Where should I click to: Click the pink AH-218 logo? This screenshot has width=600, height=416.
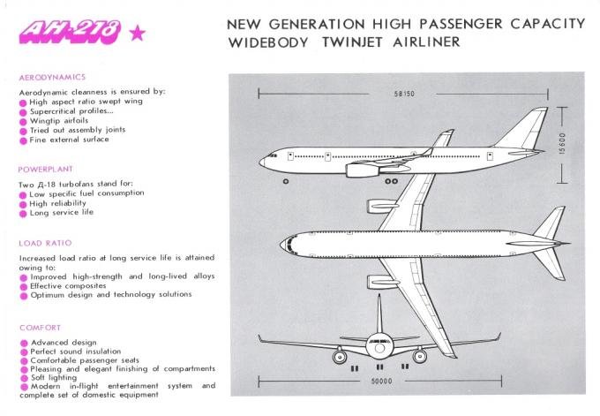click(x=70, y=32)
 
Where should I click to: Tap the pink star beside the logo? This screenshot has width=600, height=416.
click(x=138, y=33)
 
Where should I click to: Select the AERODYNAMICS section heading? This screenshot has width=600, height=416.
click(x=52, y=77)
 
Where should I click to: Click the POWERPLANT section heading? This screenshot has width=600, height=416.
click(x=46, y=170)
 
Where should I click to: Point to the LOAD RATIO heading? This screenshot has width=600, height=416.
click(x=45, y=243)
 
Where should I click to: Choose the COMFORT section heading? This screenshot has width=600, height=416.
click(x=41, y=328)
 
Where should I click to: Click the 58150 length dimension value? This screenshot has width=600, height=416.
click(x=404, y=94)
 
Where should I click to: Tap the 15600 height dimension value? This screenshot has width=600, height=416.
click(x=562, y=143)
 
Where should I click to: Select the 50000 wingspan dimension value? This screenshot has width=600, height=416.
click(x=381, y=382)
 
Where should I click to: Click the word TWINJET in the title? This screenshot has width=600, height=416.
click(x=352, y=42)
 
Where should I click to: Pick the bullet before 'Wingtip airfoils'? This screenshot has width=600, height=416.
click(x=23, y=122)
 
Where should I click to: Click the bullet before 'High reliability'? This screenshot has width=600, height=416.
click(x=23, y=205)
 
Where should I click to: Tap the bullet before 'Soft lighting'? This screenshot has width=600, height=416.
click(x=24, y=378)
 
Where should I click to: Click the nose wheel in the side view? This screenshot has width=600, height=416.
click(x=286, y=181)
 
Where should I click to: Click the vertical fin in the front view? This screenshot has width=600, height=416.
click(x=379, y=314)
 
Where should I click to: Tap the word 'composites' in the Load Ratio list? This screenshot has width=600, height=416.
click(x=86, y=286)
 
